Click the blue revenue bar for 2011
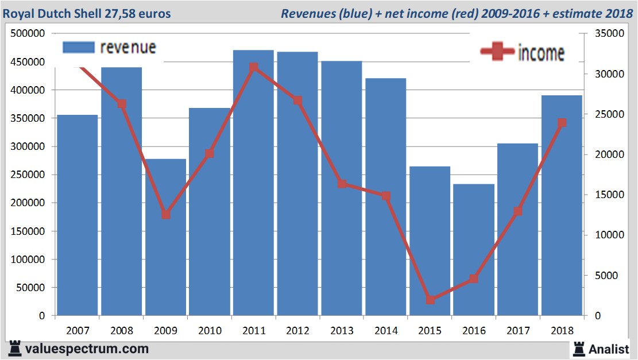[253, 189]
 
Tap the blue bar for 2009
[165, 241]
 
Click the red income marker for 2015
[431, 300]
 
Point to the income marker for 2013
[342, 184]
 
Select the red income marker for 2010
[210, 153]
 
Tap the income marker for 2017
[518, 211]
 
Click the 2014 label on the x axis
[386, 331]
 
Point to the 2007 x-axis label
[78, 331]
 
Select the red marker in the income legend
[497, 52]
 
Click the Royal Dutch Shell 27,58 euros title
[87, 13]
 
